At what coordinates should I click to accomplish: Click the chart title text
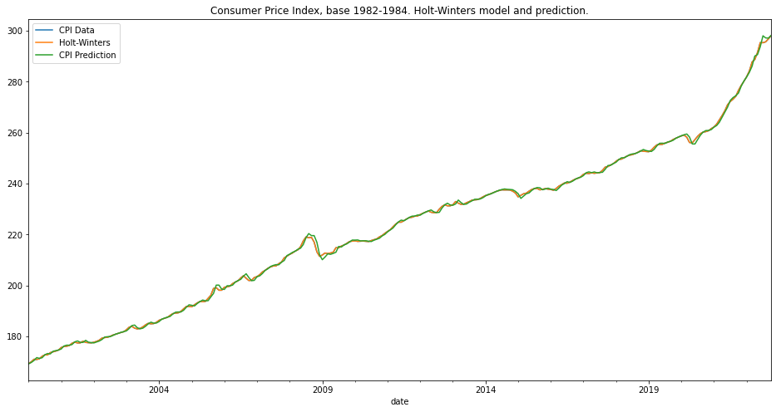coord(399,11)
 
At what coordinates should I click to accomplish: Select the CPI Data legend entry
coord(77,31)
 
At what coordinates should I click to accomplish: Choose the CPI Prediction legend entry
coord(87,56)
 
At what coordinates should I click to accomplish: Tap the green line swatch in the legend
coord(44,56)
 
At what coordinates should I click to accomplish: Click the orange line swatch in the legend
coord(44,43)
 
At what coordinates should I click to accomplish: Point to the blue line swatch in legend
coord(44,31)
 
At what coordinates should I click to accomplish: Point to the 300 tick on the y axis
coord(15,32)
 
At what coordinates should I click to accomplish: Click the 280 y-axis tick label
coord(15,82)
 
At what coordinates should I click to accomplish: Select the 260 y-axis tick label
coord(15,133)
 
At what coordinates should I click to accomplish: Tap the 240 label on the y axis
coord(15,184)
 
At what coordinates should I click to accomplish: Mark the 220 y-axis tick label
coord(15,235)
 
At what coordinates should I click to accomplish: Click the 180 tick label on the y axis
coord(15,336)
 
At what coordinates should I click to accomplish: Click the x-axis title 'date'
coord(399,402)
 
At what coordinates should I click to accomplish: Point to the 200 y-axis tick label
coord(15,286)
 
